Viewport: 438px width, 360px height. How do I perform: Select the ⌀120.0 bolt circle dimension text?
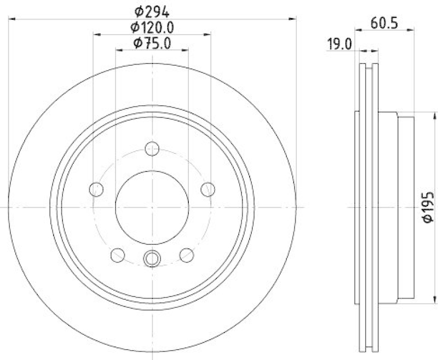pos(152,26)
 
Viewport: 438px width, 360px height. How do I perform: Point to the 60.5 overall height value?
pos(383,24)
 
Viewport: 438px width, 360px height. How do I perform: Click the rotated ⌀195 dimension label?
pos(427,207)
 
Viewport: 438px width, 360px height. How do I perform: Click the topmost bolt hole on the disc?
pos(152,148)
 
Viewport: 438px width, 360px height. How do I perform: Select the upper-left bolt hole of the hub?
pos(96,189)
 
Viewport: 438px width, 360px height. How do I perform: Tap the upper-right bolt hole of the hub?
pos(208,189)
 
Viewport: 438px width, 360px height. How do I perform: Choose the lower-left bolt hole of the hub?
pos(118,255)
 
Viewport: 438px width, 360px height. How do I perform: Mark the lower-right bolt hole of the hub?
pos(187,255)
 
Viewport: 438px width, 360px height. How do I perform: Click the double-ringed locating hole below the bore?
pos(152,257)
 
